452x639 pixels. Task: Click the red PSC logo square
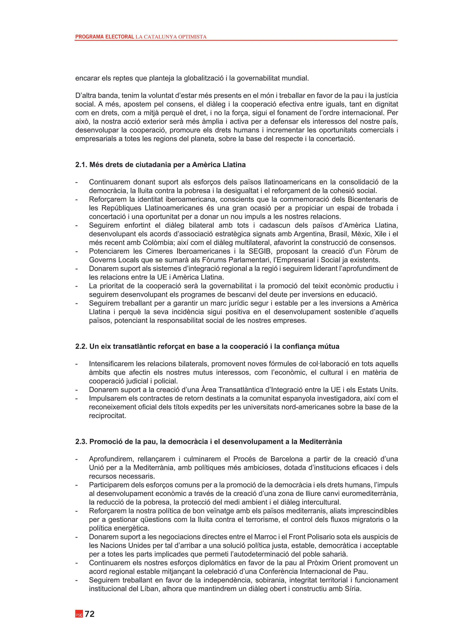[x=79, y=614]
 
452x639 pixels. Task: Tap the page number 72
[x=90, y=614]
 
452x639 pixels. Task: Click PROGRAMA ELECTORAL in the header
[x=105, y=37]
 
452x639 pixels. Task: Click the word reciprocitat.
[x=107, y=416]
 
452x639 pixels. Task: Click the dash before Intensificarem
[x=77, y=364]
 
